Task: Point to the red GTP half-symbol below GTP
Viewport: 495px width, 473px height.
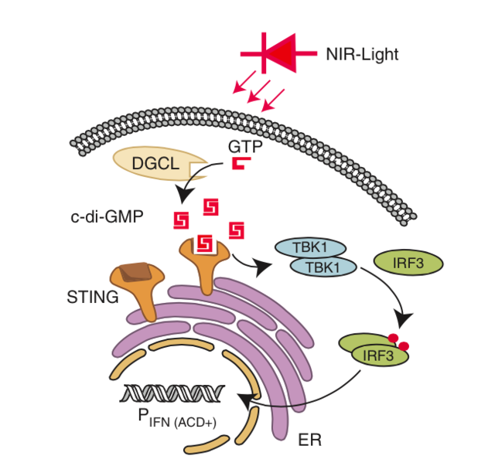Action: click(240, 164)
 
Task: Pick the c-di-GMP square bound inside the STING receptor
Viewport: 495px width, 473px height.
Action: click(205, 243)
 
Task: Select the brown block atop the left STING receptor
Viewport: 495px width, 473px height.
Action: click(136, 271)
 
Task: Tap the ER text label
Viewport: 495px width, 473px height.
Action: click(308, 441)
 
